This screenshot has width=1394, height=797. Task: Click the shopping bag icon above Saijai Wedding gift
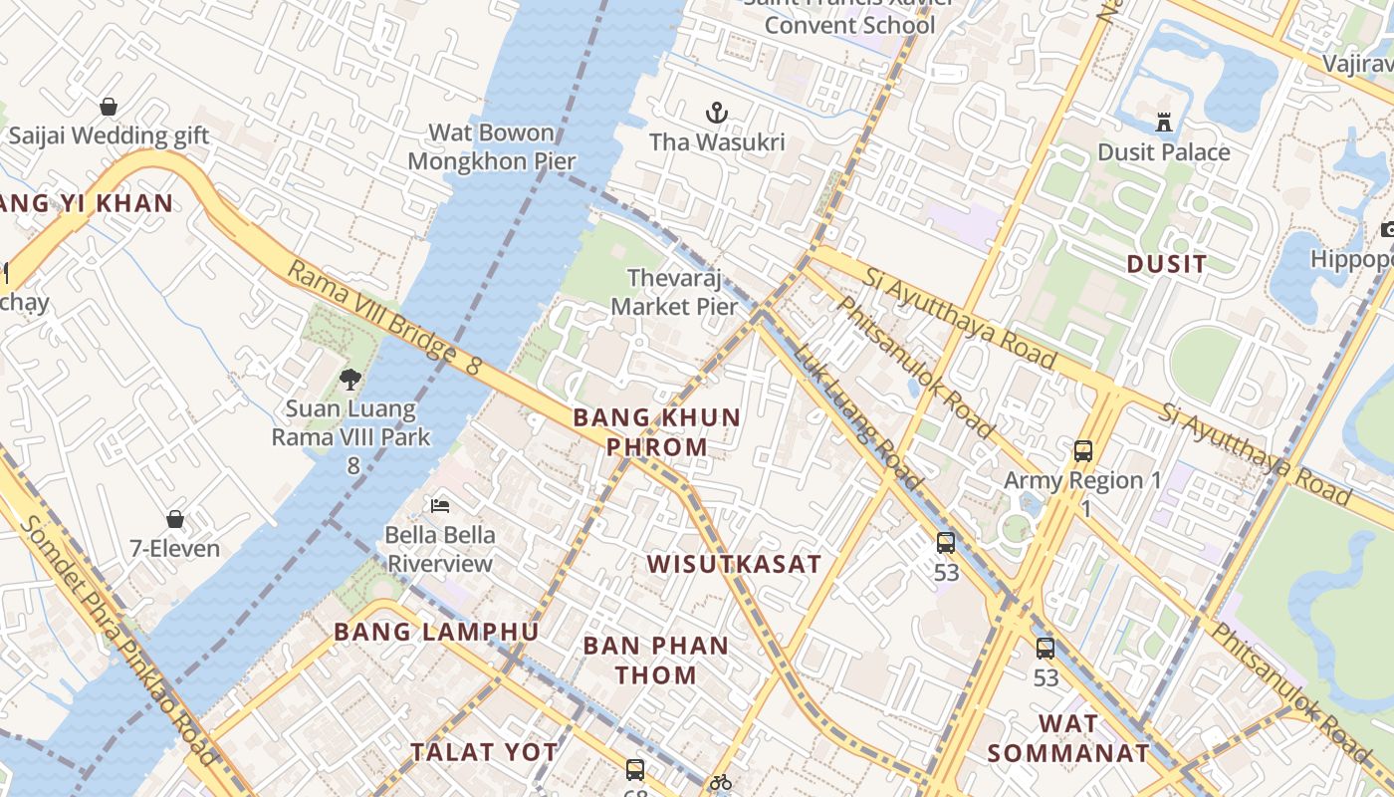[x=109, y=107]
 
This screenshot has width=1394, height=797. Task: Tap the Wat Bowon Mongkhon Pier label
[x=492, y=146]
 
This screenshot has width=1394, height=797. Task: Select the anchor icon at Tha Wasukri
[x=717, y=113]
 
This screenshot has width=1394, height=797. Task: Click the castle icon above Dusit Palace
[x=1163, y=123]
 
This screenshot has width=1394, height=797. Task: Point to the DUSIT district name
[x=1166, y=264]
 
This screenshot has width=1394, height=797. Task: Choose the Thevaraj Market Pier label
[x=675, y=292]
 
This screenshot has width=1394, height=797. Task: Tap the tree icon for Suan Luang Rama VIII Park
[x=349, y=379]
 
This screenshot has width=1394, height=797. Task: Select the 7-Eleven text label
[x=175, y=548]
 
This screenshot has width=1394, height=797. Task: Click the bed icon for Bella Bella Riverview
[x=439, y=506]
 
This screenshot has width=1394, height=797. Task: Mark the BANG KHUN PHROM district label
[x=657, y=431]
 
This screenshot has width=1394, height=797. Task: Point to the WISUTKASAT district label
[x=734, y=564]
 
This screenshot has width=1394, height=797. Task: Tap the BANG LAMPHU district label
[x=436, y=632]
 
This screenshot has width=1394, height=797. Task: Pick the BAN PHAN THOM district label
[x=655, y=660]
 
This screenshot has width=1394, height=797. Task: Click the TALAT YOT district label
[x=484, y=752]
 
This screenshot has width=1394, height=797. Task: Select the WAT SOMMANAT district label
[x=1068, y=738]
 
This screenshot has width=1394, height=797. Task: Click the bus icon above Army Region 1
[x=1083, y=451]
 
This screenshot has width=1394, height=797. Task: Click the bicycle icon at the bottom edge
[x=721, y=783]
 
